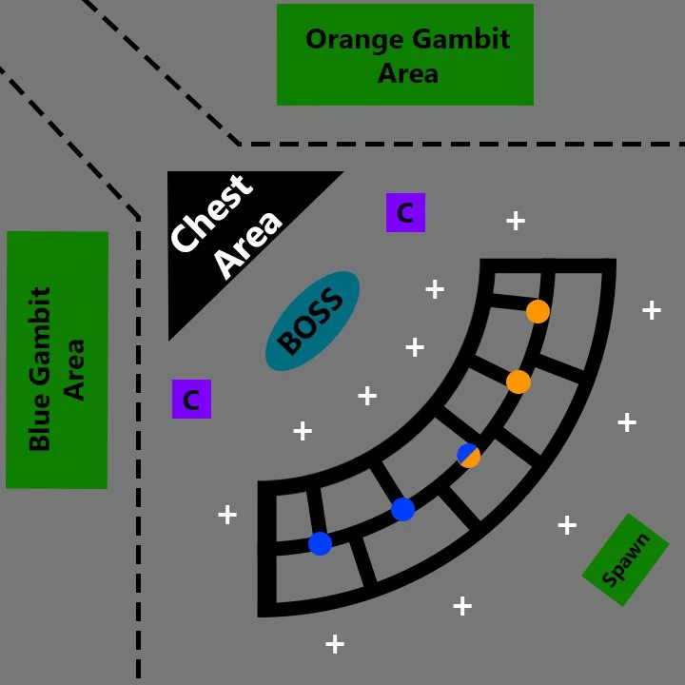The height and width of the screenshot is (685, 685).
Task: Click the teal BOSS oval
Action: (x=312, y=322)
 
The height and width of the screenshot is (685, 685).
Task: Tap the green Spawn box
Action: (x=626, y=559)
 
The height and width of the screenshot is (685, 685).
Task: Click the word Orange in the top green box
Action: (x=355, y=39)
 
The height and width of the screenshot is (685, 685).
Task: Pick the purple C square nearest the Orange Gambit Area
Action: (x=405, y=212)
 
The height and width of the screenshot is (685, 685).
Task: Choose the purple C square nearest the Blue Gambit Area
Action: (x=191, y=399)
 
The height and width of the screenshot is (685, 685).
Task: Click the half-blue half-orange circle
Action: (x=469, y=456)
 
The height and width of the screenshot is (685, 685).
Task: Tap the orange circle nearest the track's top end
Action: (x=538, y=311)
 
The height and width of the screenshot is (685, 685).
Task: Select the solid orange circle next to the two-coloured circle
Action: (x=519, y=382)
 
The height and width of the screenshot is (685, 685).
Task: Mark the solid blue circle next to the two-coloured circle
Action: (x=402, y=509)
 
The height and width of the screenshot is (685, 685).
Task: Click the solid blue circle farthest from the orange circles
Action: (x=321, y=543)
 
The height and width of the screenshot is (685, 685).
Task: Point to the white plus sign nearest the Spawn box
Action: (x=567, y=525)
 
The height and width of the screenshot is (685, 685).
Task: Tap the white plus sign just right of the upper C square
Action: (x=516, y=221)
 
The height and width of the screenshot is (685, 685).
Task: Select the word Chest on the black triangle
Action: (x=212, y=213)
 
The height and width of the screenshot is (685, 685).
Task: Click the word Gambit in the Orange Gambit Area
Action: (x=461, y=39)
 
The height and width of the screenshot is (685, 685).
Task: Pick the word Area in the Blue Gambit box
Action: (x=74, y=369)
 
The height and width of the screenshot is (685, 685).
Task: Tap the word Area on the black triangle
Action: (x=250, y=245)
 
